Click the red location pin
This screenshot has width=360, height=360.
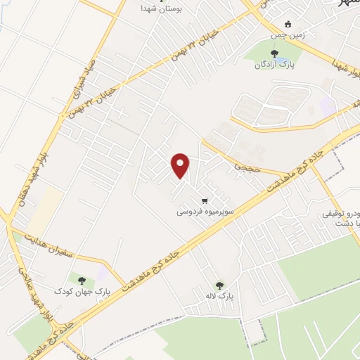tap(181, 166)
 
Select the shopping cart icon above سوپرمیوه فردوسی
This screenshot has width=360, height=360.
tap(205, 199)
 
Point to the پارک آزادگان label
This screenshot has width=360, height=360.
tap(274, 65)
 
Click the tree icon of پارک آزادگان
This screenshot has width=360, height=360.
tap(274, 53)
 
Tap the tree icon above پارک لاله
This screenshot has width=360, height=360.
tap(219, 285)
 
